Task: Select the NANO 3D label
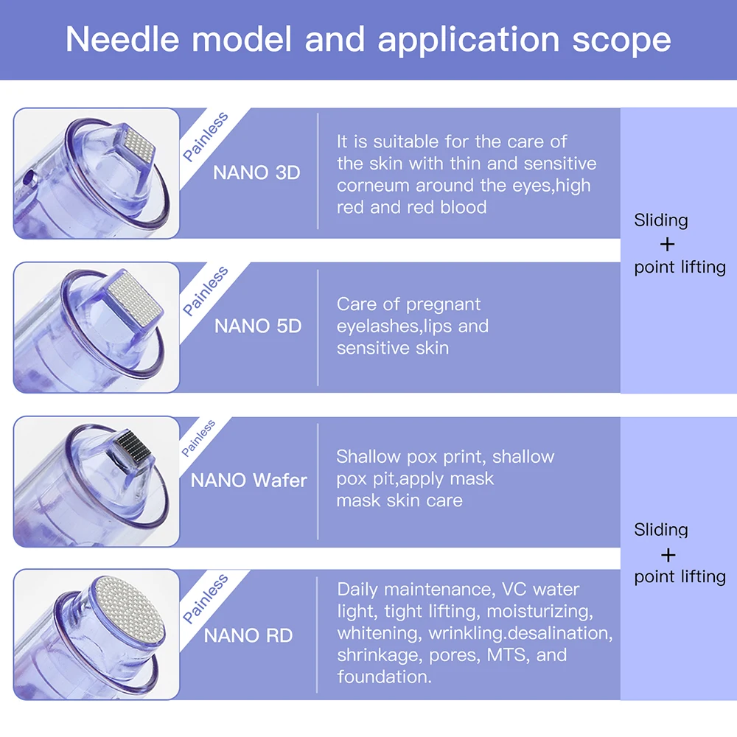[256, 172]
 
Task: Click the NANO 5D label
[258, 326]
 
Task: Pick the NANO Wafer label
[249, 481]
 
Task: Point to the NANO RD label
[248, 635]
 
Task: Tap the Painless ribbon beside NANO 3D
[206, 136]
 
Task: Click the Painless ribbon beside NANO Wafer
[199, 438]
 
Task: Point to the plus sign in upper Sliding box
[667, 244]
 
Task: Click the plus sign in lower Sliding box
[668, 553]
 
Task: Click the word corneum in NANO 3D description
[373, 185]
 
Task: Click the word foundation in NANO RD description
[383, 676]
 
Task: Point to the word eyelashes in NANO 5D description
[374, 326]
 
